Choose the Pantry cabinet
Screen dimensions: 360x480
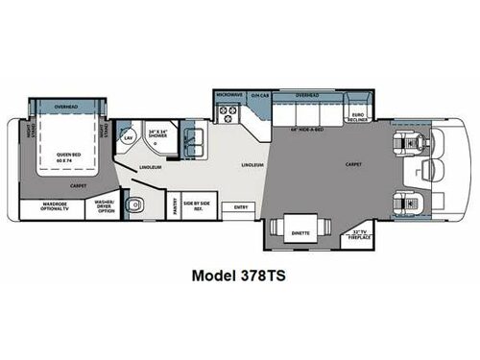(x=175, y=205)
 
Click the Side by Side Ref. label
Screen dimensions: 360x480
(x=197, y=205)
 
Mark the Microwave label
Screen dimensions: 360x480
(x=228, y=95)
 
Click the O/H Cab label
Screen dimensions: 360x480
(x=257, y=95)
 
